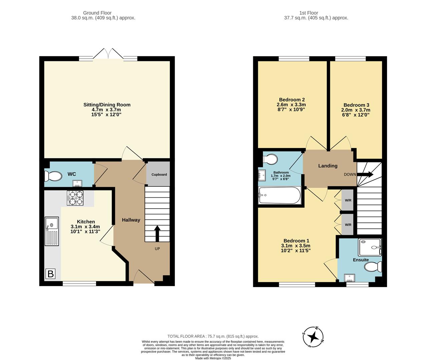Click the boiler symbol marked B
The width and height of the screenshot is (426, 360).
(50, 274)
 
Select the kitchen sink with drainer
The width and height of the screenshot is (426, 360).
(52, 231)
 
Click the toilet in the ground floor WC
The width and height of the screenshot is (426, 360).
(54, 176)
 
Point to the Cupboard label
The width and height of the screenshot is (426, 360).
(159, 174)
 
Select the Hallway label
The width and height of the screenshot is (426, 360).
(131, 220)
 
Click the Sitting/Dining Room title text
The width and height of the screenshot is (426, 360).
(107, 105)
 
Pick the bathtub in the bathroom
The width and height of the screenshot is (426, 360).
(280, 196)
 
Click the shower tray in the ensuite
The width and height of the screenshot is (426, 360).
(370, 247)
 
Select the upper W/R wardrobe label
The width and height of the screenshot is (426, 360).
(348, 201)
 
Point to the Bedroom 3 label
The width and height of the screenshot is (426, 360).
(356, 105)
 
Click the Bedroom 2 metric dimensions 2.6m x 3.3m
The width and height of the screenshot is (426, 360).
(291, 105)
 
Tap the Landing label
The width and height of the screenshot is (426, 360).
(328, 166)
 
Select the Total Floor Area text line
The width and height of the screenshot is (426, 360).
(213, 336)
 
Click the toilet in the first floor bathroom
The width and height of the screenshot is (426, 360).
(271, 159)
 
